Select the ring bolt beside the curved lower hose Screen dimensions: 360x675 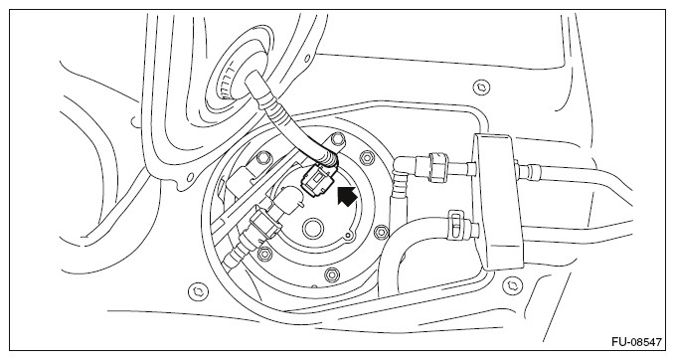pyautogui.click(x=382, y=234)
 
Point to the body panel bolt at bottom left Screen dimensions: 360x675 pyautogui.click(x=198, y=291)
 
